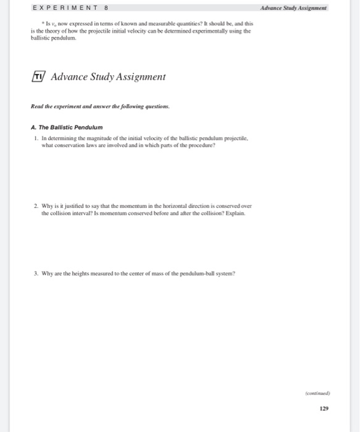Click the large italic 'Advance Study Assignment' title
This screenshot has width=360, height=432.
tap(108, 77)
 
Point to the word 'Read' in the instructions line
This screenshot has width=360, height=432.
tap(36, 106)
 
